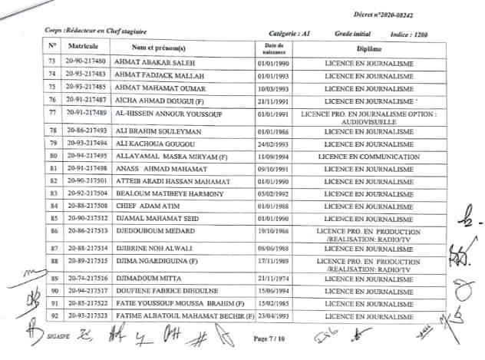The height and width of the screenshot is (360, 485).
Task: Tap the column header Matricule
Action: pyautogui.click(x=81, y=47)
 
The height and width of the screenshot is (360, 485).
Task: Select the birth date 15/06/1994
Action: pyautogui.click(x=272, y=292)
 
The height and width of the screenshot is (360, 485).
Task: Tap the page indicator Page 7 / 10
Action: pyautogui.click(x=269, y=337)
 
